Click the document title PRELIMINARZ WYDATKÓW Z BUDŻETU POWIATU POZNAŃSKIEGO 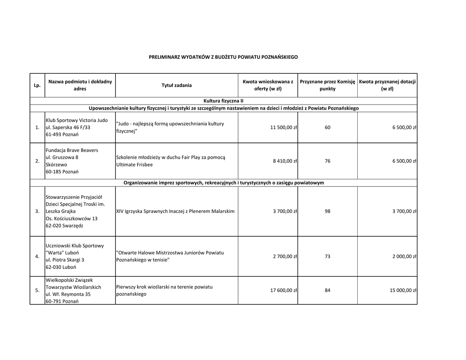[223, 57]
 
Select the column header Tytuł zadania [177, 85]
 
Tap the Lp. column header [37, 85]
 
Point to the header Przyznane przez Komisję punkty [327, 85]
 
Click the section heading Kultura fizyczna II [223, 101]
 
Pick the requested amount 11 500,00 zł [284, 127]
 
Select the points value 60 [327, 127]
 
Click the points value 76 [327, 161]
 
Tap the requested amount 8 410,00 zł [285, 161]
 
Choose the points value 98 [327, 211]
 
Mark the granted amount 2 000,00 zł [405, 256]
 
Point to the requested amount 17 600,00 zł [284, 290]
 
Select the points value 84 [327, 290]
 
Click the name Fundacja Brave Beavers [71, 150]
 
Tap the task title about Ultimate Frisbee [171, 161]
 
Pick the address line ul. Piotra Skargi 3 [65, 260]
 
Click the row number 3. [37, 211]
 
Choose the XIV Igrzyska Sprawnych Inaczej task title [175, 211]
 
